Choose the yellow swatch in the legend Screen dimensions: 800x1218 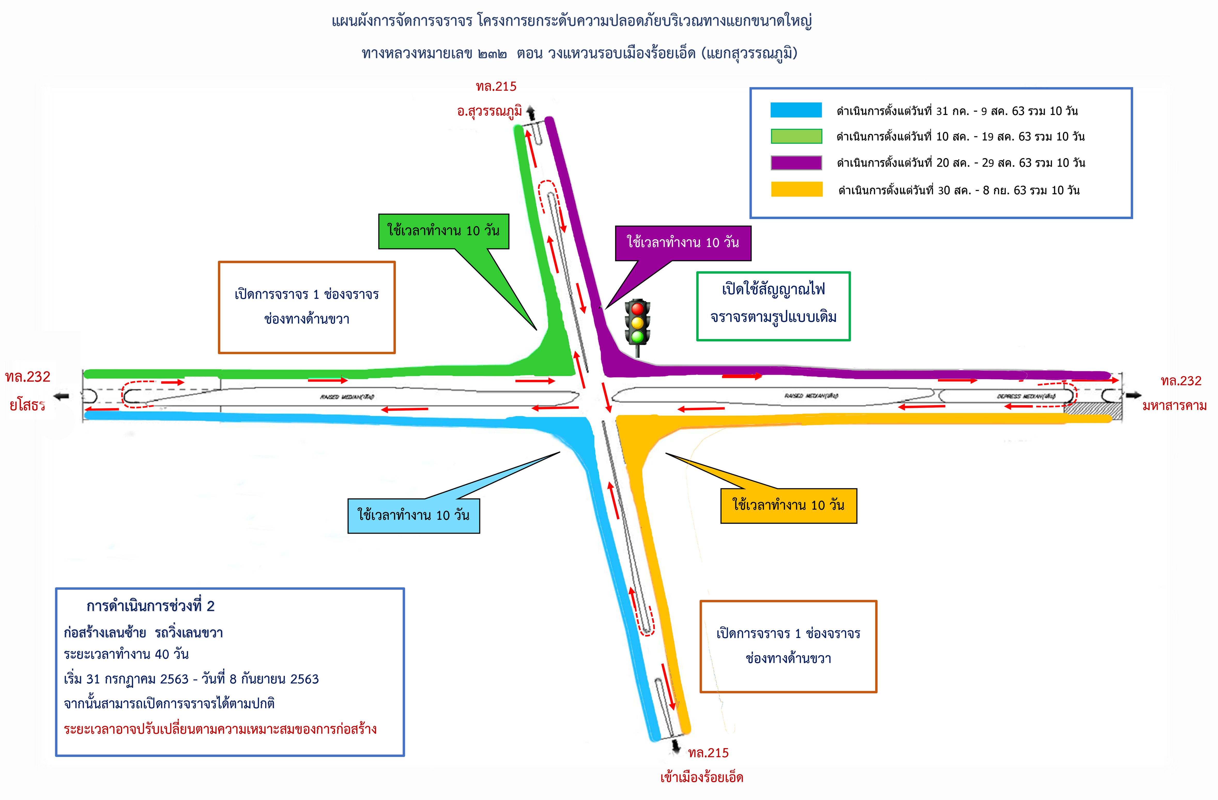(x=796, y=189)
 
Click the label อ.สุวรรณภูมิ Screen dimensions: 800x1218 (x=489, y=111)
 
